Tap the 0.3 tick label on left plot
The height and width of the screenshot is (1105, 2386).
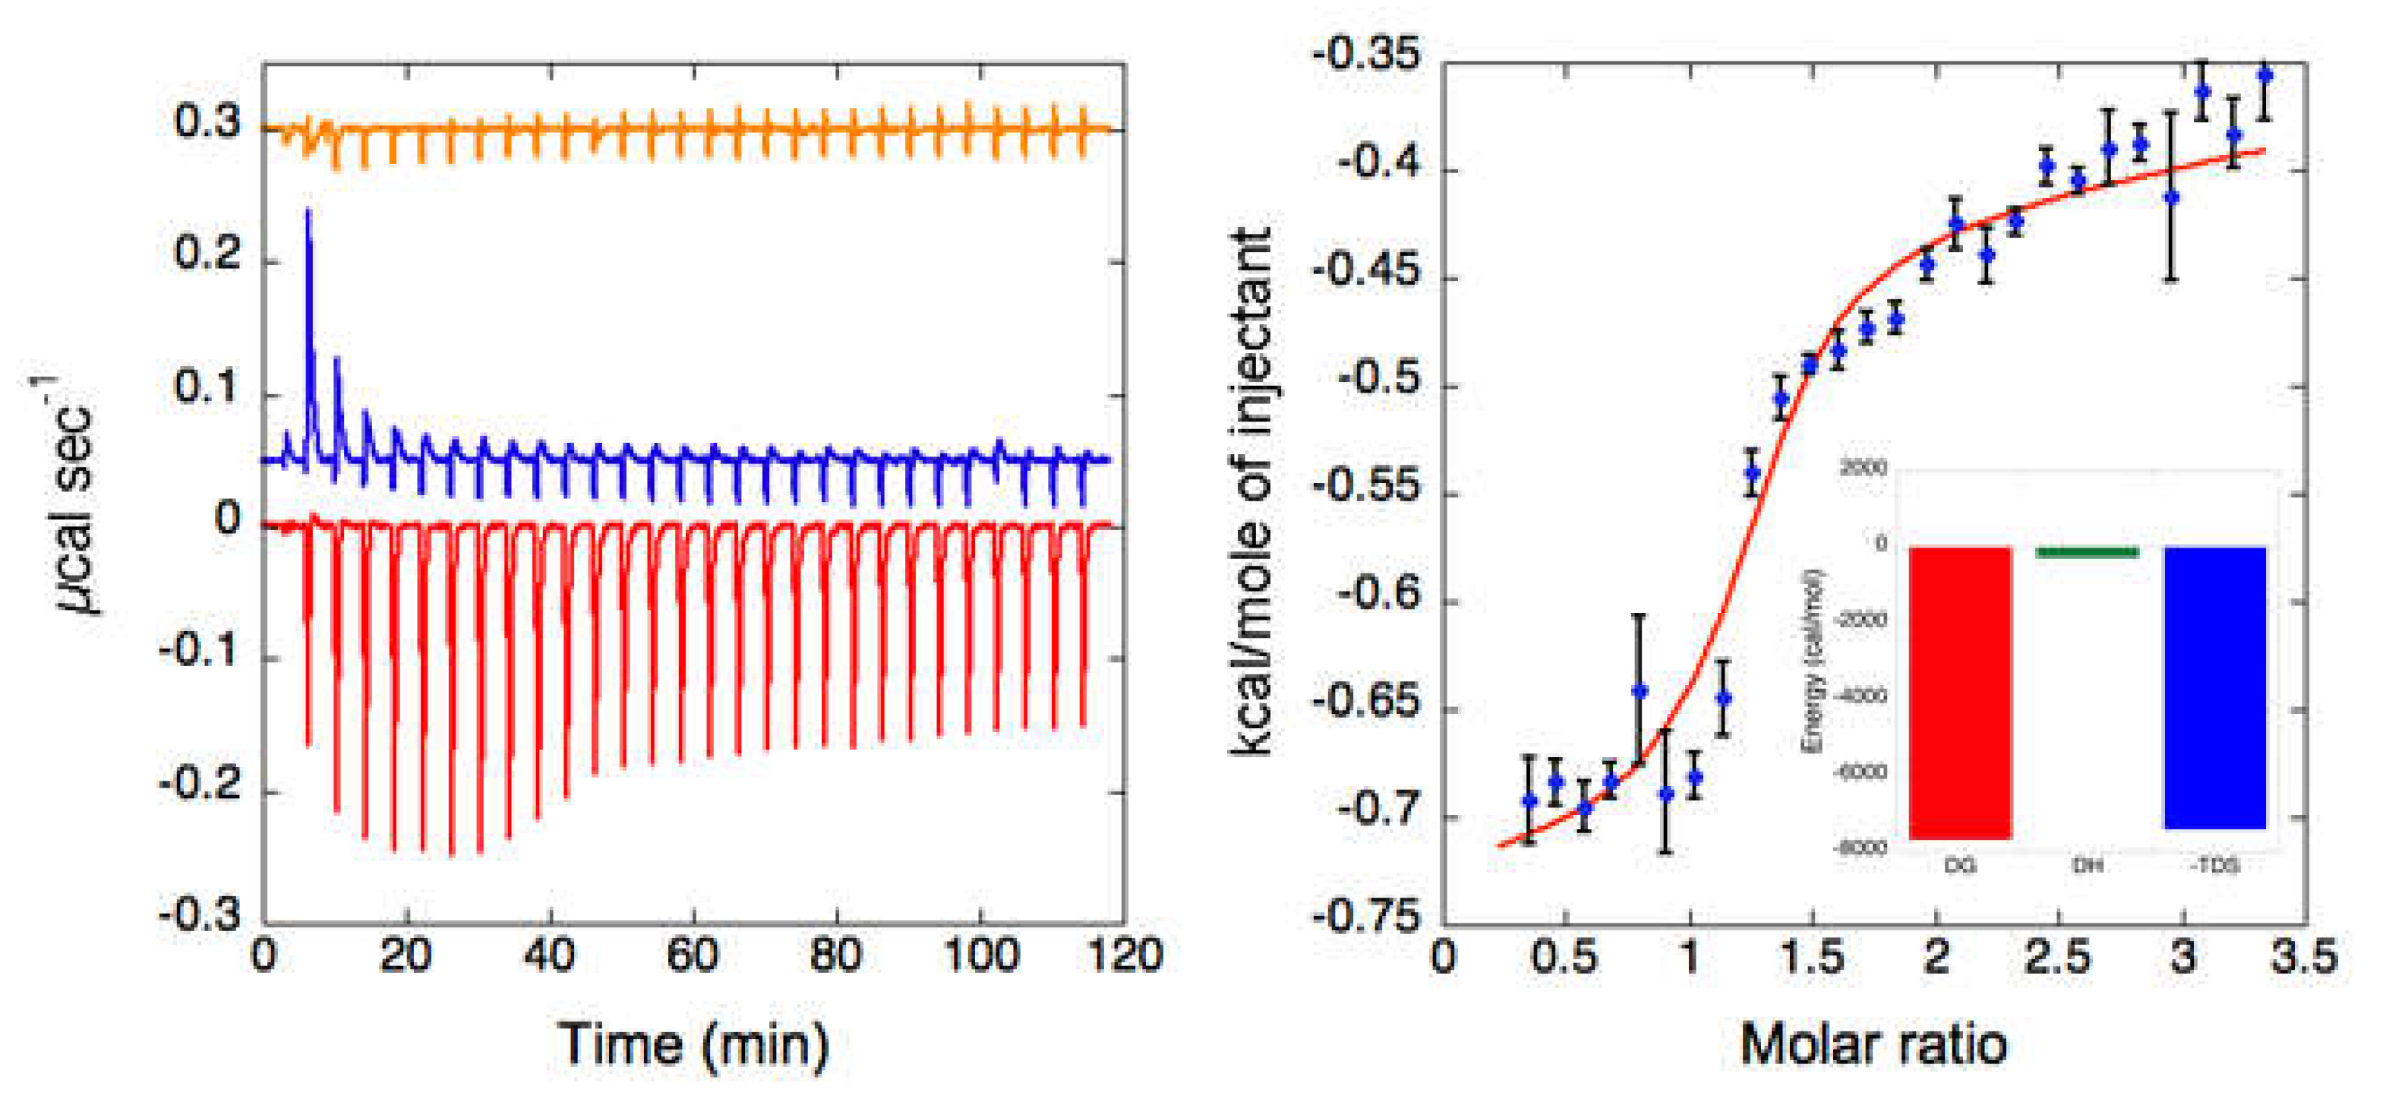pyautogui.click(x=207, y=122)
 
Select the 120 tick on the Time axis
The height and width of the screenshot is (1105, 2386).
pyautogui.click(x=1125, y=955)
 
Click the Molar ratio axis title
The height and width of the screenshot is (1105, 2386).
pyautogui.click(x=1873, y=1045)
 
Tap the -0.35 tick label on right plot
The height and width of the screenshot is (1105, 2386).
pyautogui.click(x=1365, y=55)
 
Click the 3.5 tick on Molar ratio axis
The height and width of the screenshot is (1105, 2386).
pyautogui.click(x=2303, y=955)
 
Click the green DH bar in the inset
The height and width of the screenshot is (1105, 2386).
pyautogui.click(x=2087, y=553)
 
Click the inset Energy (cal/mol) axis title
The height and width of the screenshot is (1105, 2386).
pyautogui.click(x=1813, y=659)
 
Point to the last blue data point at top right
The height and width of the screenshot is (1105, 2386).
pyautogui.click(x=2264, y=76)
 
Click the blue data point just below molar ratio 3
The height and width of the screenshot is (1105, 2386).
pyautogui.click(x=2171, y=197)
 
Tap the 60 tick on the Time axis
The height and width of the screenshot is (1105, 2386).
pyautogui.click(x=693, y=955)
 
